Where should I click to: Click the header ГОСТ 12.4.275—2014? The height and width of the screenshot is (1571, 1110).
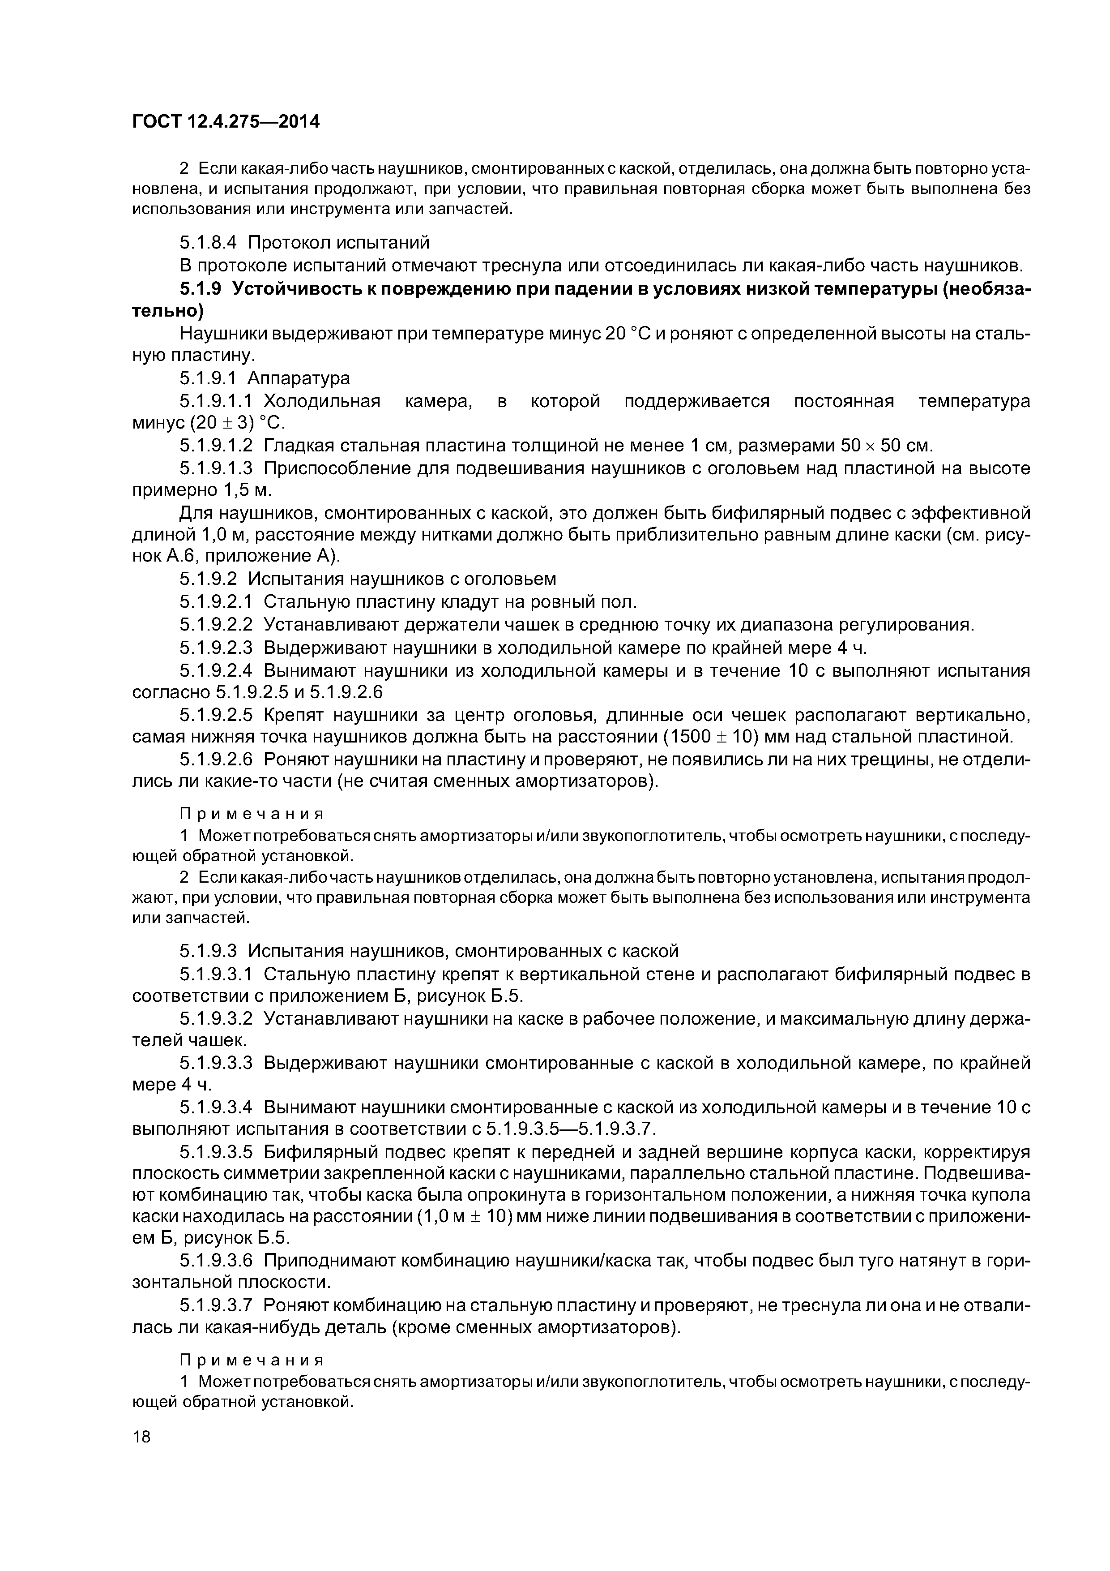[226, 122]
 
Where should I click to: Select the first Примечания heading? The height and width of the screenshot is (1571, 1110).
[251, 814]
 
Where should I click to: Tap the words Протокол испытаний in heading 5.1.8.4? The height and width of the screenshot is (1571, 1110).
[338, 242]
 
